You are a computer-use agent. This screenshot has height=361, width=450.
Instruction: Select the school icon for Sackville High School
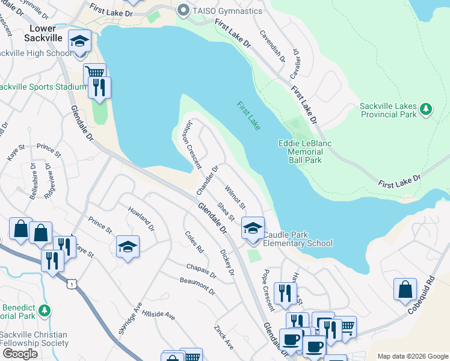79,42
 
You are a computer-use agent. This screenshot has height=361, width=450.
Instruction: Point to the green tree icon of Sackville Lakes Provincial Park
426,108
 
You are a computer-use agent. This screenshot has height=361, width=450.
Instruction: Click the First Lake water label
248,116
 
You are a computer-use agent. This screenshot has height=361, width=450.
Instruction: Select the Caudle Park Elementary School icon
253,229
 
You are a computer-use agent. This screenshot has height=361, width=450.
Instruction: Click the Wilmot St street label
235,197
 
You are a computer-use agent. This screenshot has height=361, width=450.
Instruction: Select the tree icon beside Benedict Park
44,311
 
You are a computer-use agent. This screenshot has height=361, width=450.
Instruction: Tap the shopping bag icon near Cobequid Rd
405,289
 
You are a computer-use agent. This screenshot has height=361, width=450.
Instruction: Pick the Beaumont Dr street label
197,286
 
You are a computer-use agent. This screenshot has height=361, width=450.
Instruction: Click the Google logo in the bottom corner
20,353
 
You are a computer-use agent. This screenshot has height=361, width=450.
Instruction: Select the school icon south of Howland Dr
128,247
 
